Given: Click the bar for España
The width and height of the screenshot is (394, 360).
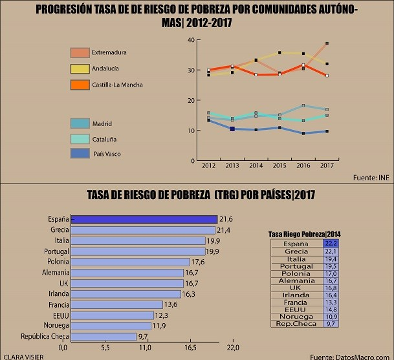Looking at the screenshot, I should (x=144, y=218).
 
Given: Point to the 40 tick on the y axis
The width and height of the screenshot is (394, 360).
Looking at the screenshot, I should (x=191, y=40).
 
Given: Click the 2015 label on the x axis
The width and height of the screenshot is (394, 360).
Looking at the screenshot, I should (x=279, y=167).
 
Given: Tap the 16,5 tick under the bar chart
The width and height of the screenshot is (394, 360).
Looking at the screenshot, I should (x=190, y=348).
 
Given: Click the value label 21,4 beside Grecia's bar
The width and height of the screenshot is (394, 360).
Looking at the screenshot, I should (x=224, y=230).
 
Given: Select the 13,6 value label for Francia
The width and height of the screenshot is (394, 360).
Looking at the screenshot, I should (x=171, y=304).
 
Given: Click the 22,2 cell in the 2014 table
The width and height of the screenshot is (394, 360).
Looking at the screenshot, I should (x=331, y=243).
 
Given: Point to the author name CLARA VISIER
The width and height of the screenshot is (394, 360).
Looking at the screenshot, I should (x=19, y=355).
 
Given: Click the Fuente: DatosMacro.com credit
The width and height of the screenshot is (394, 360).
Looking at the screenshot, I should (x=349, y=356).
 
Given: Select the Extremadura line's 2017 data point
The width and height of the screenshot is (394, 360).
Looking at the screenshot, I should (x=327, y=43).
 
